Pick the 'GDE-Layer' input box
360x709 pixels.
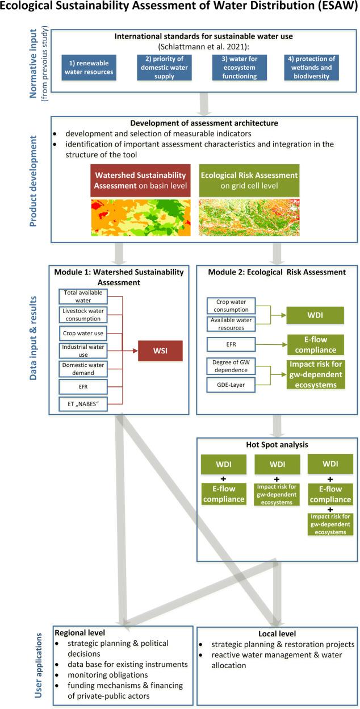coord(230,386)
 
